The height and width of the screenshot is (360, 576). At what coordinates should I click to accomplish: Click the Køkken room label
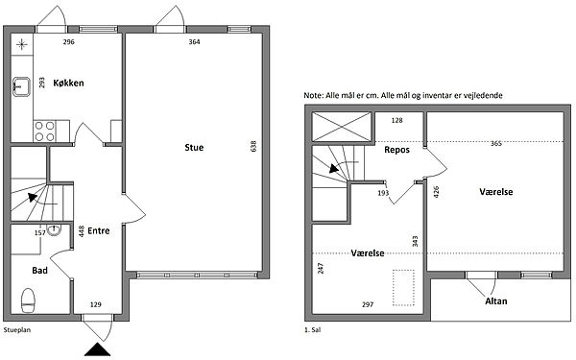(68, 83)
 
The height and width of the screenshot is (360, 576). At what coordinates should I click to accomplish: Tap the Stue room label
(194, 148)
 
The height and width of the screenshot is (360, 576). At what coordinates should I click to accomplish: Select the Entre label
(99, 230)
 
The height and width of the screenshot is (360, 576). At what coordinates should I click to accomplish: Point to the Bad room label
(39, 271)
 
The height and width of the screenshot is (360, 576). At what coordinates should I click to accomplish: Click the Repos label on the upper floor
(396, 150)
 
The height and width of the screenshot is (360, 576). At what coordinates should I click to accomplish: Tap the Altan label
(496, 301)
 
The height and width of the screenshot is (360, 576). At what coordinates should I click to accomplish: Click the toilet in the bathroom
(28, 300)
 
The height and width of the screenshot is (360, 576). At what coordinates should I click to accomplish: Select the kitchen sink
(21, 86)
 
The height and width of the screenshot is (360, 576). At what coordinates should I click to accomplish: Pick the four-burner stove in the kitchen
(44, 132)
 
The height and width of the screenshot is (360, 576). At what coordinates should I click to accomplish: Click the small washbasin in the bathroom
(54, 230)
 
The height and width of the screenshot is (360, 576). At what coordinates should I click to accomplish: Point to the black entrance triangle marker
(98, 349)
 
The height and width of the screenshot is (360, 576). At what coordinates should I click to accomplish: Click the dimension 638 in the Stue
(253, 147)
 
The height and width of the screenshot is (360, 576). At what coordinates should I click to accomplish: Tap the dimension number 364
(194, 42)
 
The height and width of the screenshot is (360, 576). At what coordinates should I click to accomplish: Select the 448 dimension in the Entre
(82, 231)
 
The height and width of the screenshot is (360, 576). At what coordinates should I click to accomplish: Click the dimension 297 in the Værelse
(368, 304)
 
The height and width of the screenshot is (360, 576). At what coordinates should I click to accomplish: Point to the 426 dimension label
(437, 192)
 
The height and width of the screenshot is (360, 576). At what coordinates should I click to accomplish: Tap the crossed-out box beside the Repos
(341, 127)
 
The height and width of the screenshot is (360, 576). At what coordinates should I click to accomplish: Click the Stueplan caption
(17, 330)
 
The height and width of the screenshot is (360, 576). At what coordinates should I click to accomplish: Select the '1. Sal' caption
(313, 330)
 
